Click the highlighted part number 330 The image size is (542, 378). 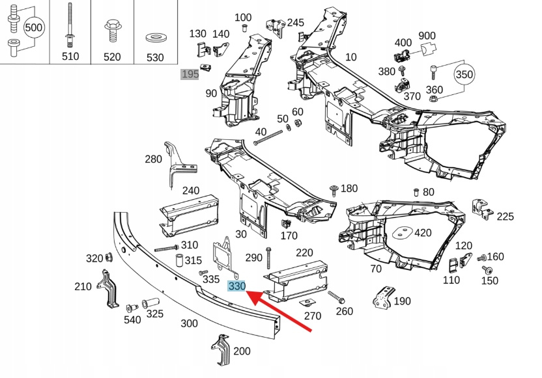click(236, 286)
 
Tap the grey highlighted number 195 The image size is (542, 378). click(190, 74)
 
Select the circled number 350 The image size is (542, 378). click(464, 75)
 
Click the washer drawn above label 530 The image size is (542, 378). click(155, 35)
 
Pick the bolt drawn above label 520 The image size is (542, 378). click(111, 30)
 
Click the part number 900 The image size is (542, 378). click(427, 35)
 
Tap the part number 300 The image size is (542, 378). click(189, 323)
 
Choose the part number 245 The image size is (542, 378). click(295, 23)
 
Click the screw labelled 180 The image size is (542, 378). click(334, 189)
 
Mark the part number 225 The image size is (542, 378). click(505, 217)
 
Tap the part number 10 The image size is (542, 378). click(351, 57)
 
